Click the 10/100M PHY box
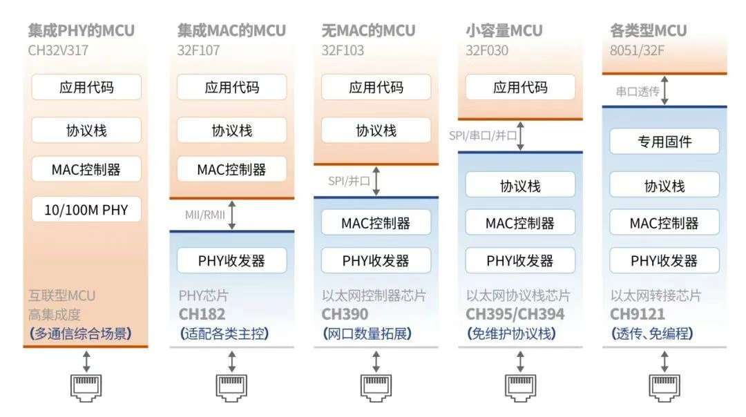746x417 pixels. (86, 210)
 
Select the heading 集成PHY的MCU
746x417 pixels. (82, 30)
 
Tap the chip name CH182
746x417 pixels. (202, 314)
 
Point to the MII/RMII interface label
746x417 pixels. (205, 215)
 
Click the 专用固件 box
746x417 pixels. (664, 142)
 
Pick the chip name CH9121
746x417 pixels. (637, 314)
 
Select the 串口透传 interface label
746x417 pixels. (638, 91)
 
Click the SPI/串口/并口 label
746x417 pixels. (482, 135)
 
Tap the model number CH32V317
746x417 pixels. (58, 50)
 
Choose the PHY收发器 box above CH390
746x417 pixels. (376, 260)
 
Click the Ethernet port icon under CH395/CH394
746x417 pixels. (521, 387)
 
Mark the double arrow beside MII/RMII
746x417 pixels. (231, 215)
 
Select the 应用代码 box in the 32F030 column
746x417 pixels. (520, 87)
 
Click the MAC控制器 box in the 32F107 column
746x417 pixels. (231, 169)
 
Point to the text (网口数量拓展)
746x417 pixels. (367, 333)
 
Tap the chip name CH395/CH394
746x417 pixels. (515, 314)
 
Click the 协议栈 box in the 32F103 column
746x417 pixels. (376, 130)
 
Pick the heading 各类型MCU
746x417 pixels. (648, 30)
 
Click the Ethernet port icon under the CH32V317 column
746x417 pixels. (86, 387)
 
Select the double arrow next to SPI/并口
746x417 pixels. (376, 181)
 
